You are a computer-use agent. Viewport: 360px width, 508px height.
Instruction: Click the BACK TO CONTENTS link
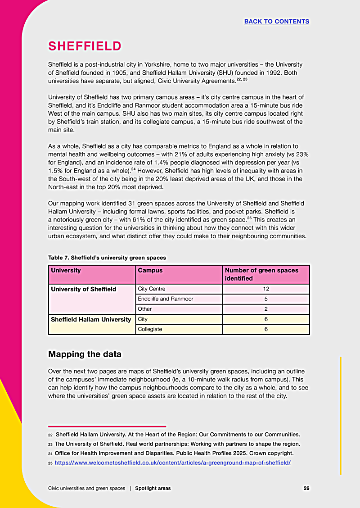pyautogui.click(x=276, y=22)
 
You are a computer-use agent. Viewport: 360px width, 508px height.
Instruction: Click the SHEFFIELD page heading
pyautogui.click(x=85, y=46)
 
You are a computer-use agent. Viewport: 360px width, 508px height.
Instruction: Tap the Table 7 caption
pyautogui.click(x=107, y=258)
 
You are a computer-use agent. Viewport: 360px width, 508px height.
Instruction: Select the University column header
pyautogui.click(x=66, y=271)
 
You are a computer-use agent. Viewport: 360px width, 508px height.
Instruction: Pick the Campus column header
pyautogui.click(x=150, y=271)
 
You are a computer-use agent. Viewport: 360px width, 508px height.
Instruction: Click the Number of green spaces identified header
pyautogui.click(x=262, y=274)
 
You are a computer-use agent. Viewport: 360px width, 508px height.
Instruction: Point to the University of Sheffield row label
pyautogui.click(x=84, y=289)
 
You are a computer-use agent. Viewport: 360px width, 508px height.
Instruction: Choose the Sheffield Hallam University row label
pyautogui.click(x=91, y=319)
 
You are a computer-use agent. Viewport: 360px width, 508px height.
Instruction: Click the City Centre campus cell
pyautogui.click(x=152, y=289)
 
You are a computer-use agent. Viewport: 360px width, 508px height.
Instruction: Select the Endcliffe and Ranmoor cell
pyautogui.click(x=166, y=299)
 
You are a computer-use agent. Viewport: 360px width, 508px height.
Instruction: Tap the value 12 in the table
pyautogui.click(x=266, y=289)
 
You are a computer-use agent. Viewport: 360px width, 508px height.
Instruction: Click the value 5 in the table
pyautogui.click(x=266, y=299)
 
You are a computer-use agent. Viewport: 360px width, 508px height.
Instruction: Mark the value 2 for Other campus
pyautogui.click(x=266, y=309)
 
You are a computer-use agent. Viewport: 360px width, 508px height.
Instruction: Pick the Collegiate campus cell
pyautogui.click(x=150, y=329)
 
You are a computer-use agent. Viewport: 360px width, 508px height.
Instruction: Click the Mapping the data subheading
pyautogui.click(x=85, y=354)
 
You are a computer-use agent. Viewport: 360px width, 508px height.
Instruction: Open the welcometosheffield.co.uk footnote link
pyautogui.click(x=172, y=463)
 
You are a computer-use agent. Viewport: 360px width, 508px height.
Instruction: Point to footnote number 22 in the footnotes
pyautogui.click(x=50, y=435)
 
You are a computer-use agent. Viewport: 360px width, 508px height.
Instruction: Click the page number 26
pyautogui.click(x=306, y=488)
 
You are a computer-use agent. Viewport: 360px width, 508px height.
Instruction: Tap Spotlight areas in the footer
pyautogui.click(x=153, y=488)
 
